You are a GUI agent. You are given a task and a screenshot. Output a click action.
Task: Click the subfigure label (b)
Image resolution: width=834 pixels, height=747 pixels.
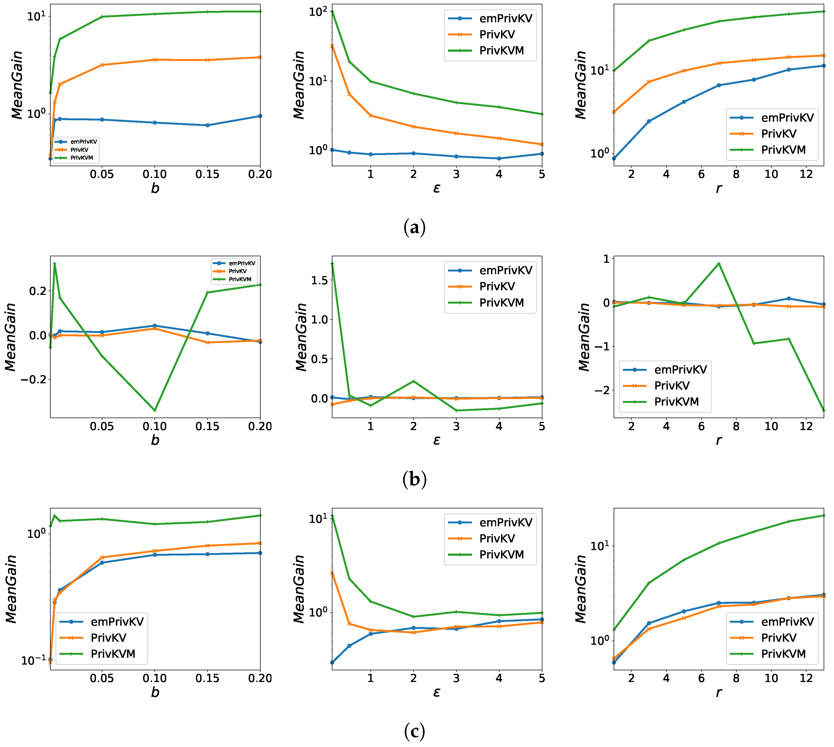click(x=415, y=479)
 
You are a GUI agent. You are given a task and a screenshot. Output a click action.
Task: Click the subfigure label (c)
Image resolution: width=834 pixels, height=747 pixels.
click(x=415, y=731)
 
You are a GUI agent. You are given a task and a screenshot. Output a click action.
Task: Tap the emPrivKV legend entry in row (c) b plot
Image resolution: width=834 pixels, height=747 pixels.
click(x=117, y=622)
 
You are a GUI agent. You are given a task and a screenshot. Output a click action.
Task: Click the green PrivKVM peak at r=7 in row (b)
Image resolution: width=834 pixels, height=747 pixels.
click(x=719, y=264)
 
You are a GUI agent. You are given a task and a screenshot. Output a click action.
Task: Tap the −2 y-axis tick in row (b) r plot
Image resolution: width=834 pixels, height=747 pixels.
click(x=602, y=390)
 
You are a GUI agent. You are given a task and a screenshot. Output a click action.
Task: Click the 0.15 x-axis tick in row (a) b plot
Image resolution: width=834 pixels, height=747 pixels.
click(x=207, y=174)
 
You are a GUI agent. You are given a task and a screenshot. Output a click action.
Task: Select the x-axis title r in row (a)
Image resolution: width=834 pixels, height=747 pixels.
click(x=719, y=189)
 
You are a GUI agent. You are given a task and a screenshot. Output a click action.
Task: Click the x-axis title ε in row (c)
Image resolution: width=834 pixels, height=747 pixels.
click(x=437, y=692)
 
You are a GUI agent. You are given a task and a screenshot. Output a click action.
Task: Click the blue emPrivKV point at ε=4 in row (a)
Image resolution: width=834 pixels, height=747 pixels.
click(x=499, y=158)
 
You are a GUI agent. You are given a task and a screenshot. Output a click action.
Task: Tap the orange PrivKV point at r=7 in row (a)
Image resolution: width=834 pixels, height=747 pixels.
click(x=719, y=63)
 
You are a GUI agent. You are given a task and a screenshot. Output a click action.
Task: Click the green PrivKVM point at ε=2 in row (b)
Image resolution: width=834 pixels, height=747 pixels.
click(x=413, y=381)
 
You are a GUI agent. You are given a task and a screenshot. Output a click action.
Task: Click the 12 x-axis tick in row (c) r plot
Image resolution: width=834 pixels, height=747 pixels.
click(x=806, y=678)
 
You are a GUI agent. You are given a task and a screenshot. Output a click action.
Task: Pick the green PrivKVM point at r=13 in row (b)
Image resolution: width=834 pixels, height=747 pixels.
click(x=823, y=410)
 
